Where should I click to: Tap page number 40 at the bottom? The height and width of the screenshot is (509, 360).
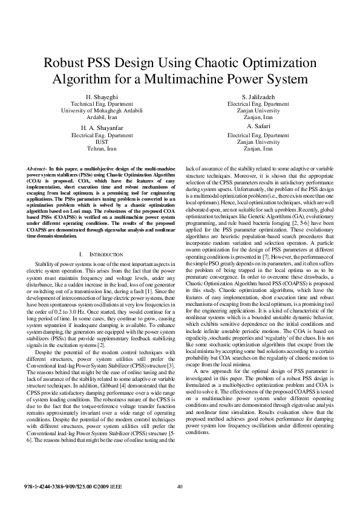pyautogui.click(x=180, y=487)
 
